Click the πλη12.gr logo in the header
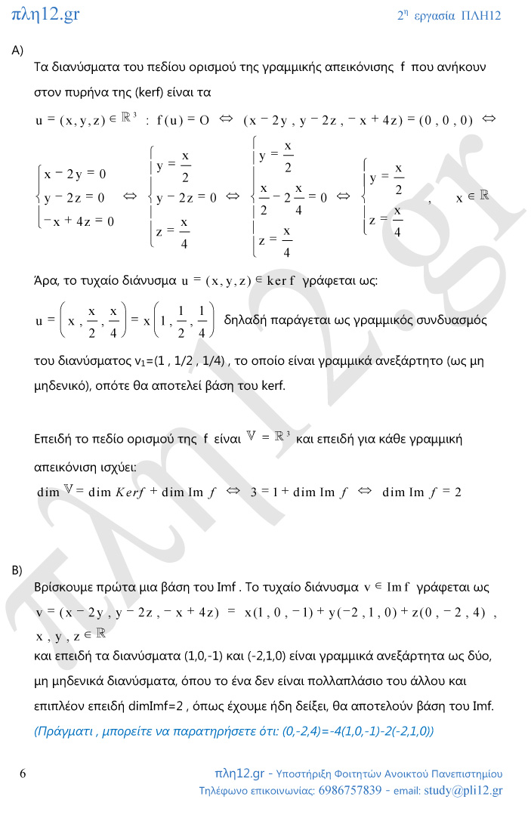[46, 14]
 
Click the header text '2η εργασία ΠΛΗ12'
[449, 16]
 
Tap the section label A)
[17, 50]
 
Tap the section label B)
[17, 570]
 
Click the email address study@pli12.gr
[463, 791]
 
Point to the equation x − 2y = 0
[75, 174]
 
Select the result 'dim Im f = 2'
[422, 492]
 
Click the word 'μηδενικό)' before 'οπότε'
[63, 385]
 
